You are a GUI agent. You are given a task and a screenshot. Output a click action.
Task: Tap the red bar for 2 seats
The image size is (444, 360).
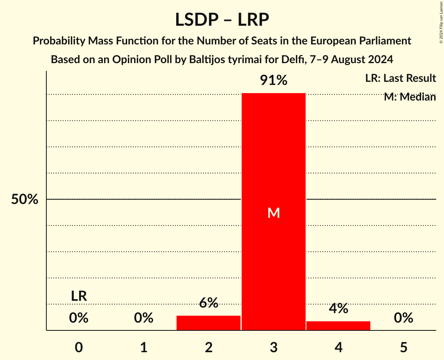[x=209, y=323]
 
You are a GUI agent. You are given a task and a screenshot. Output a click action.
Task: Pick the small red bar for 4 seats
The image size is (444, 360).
[x=338, y=326]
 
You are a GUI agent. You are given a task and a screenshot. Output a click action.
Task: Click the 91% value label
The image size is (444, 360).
[x=274, y=81]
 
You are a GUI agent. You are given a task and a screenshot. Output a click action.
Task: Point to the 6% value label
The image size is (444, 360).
[x=209, y=303]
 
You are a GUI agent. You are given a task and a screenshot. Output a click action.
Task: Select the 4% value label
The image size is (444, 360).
[x=338, y=309]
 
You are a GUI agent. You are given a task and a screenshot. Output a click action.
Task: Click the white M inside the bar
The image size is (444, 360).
[x=274, y=213]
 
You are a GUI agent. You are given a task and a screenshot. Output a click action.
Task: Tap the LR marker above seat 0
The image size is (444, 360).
[x=79, y=296]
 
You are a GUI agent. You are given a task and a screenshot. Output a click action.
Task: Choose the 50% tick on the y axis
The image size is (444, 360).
[x=25, y=199]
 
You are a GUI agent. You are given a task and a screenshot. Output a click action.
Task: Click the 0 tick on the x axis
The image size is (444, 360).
[x=79, y=347]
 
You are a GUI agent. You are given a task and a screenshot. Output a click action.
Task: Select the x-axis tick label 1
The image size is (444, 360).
[x=144, y=347]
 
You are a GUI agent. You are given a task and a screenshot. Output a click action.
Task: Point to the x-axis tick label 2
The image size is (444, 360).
[x=209, y=347]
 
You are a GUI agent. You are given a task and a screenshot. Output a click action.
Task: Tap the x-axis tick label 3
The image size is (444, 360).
[x=274, y=347]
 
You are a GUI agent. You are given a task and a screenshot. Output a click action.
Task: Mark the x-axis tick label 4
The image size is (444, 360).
[x=338, y=347]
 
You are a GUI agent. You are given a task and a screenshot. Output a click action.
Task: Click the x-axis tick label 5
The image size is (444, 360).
[x=403, y=347]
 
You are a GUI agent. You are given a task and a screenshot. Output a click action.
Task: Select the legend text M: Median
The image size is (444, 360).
[x=410, y=97]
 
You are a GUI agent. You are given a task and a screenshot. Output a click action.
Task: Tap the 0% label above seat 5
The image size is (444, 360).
[x=403, y=318]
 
